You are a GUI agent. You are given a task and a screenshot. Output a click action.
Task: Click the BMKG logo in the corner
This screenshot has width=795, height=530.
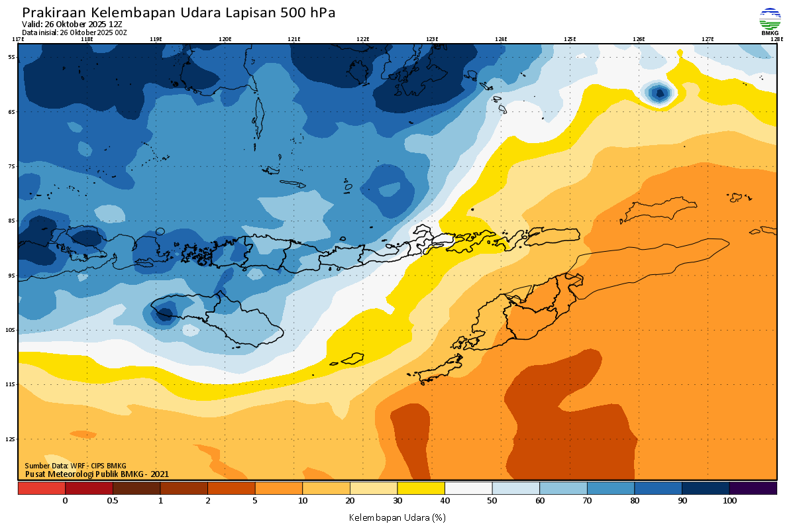point(770,21)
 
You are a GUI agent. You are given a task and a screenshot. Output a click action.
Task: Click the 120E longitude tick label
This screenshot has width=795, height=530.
point(225,39)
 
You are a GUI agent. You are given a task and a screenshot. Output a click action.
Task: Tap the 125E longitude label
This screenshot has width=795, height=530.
point(570,39)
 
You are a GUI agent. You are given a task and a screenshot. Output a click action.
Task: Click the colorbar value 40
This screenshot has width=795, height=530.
point(445,502)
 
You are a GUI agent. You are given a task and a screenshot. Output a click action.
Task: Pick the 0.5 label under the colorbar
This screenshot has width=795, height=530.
point(113,502)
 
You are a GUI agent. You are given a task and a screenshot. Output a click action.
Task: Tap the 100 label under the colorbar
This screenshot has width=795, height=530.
point(729,502)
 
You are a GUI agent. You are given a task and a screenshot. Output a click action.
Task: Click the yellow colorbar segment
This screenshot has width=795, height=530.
point(421,488)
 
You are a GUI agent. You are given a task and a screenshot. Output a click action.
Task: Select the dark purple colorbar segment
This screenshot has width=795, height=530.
point(753,488)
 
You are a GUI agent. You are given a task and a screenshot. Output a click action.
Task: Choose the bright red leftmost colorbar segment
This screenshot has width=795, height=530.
point(42,488)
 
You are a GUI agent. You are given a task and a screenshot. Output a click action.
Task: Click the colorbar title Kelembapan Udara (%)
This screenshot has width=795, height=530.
point(397,517)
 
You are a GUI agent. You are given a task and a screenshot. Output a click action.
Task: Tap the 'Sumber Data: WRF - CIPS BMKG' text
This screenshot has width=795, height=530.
point(76,466)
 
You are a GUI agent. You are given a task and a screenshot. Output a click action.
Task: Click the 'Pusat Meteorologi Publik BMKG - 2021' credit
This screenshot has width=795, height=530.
point(97,474)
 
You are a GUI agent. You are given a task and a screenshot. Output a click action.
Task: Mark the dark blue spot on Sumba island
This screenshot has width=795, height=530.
point(164,313)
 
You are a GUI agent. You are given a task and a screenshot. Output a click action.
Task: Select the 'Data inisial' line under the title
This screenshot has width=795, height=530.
point(74,32)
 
